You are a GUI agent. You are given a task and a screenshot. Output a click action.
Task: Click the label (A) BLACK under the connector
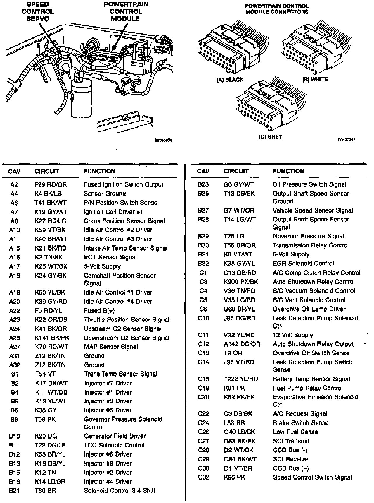click(x=230, y=80)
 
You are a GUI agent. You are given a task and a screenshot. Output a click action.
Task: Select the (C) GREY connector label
click(x=271, y=137)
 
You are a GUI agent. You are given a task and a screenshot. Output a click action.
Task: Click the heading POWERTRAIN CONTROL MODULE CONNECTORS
click(x=277, y=9)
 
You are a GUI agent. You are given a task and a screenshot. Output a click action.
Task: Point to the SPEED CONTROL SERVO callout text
click(x=38, y=12)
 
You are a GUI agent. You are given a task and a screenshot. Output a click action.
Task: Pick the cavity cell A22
click(x=14, y=311)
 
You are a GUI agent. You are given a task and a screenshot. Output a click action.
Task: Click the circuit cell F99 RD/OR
click(x=51, y=185)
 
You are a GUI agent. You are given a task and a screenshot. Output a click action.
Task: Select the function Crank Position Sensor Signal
click(x=124, y=221)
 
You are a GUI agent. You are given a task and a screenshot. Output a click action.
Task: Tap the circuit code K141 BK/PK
click(x=52, y=338)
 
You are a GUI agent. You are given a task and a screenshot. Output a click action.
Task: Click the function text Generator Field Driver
click(x=115, y=436)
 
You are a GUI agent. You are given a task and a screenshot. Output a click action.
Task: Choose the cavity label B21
click(x=14, y=491)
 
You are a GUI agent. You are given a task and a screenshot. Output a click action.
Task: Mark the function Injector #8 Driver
click(x=108, y=463)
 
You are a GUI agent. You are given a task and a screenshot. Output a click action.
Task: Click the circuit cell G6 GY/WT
click(x=238, y=185)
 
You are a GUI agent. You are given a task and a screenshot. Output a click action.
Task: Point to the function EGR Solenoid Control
click(x=303, y=264)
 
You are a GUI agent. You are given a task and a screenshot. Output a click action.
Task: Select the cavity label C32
click(x=203, y=478)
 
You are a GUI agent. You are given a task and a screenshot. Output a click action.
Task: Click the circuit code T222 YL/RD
click(x=241, y=379)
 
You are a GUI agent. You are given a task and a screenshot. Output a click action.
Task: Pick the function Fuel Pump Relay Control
click(x=308, y=388)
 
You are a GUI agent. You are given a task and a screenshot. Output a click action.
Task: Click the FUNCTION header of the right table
click(x=288, y=171)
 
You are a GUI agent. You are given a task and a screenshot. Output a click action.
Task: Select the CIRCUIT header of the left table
click(x=47, y=171)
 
